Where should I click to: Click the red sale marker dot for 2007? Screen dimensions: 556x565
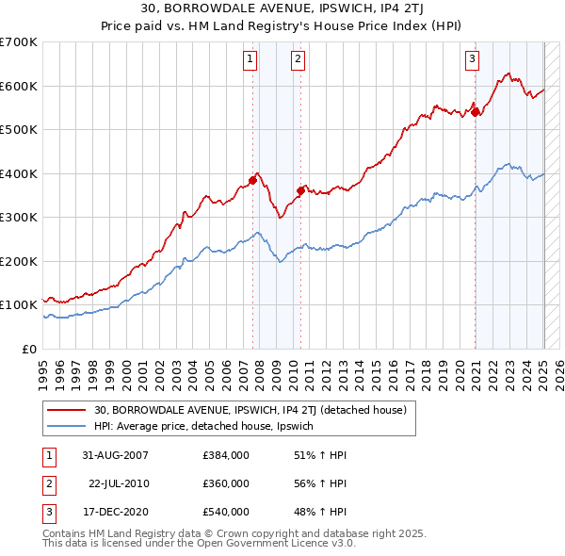pos(253,180)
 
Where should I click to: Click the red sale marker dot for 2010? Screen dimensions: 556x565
pos(300,190)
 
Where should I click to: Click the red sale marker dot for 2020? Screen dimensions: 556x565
pos(476,112)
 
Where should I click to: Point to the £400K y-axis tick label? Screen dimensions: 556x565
pos(19,173)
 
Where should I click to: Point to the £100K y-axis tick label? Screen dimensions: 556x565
pos(19,305)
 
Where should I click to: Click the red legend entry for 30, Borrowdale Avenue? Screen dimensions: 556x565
pos(250,410)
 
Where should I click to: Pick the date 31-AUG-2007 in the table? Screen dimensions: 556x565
pos(116,455)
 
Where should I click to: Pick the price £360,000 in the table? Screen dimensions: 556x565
pos(226,483)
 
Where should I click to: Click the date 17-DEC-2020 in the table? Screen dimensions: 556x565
pos(116,512)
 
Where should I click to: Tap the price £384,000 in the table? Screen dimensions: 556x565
pos(226,455)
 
